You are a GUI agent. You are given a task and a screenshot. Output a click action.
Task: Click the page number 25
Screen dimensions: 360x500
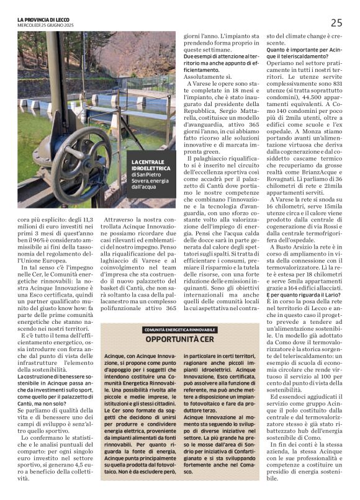[x=336, y=22]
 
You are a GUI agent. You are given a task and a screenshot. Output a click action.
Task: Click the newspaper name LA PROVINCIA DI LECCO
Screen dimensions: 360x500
[x=50, y=20]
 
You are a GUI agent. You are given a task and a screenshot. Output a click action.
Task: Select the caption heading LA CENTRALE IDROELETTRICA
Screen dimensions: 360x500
[x=150, y=165]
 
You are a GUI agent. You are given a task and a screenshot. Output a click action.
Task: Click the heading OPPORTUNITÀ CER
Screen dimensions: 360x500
[x=181, y=340]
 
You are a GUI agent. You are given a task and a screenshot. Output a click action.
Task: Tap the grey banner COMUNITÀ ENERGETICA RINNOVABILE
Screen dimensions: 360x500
[x=181, y=330]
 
